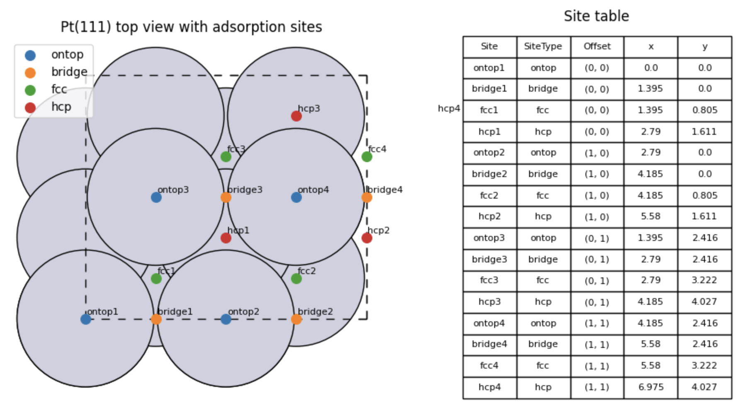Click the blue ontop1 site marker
click(x=86, y=319)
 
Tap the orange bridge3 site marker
click(x=226, y=197)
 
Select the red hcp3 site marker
click(x=296, y=116)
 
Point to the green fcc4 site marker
click(x=367, y=157)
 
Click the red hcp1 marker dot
click(x=226, y=238)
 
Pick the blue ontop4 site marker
click(x=296, y=197)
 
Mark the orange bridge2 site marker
click(x=296, y=319)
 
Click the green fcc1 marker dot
click(x=156, y=279)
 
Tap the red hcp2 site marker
click(x=367, y=238)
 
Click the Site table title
click(x=597, y=16)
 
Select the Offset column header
click(x=597, y=46)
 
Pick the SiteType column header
click(x=543, y=46)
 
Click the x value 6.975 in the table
click(x=651, y=387)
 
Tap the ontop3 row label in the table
click(x=489, y=238)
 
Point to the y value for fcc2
click(x=705, y=196)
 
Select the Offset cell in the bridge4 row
click(x=597, y=344)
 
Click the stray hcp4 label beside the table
click(x=449, y=109)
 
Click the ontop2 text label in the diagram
click(x=244, y=312)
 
